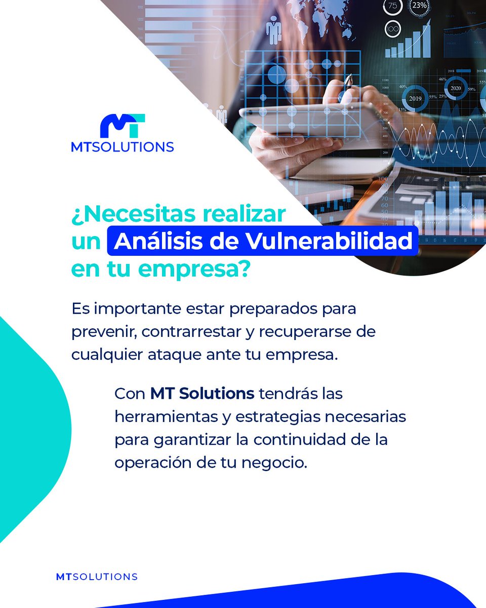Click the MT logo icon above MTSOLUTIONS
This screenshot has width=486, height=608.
[123, 127]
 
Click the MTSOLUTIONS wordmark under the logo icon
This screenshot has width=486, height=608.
[123, 147]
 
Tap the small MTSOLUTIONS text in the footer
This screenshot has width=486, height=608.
[97, 577]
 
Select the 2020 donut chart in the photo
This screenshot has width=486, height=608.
[456, 87]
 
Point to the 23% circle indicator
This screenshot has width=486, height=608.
[419, 7]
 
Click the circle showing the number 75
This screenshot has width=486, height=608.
[392, 7]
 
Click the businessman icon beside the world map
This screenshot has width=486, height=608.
[274, 29]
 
